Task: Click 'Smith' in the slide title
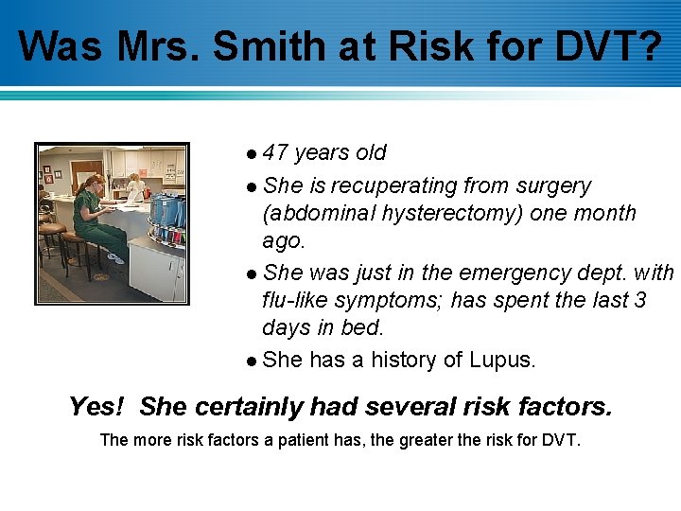257,45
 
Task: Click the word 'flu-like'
300,301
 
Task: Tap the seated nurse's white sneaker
115,258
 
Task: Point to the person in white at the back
135,186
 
